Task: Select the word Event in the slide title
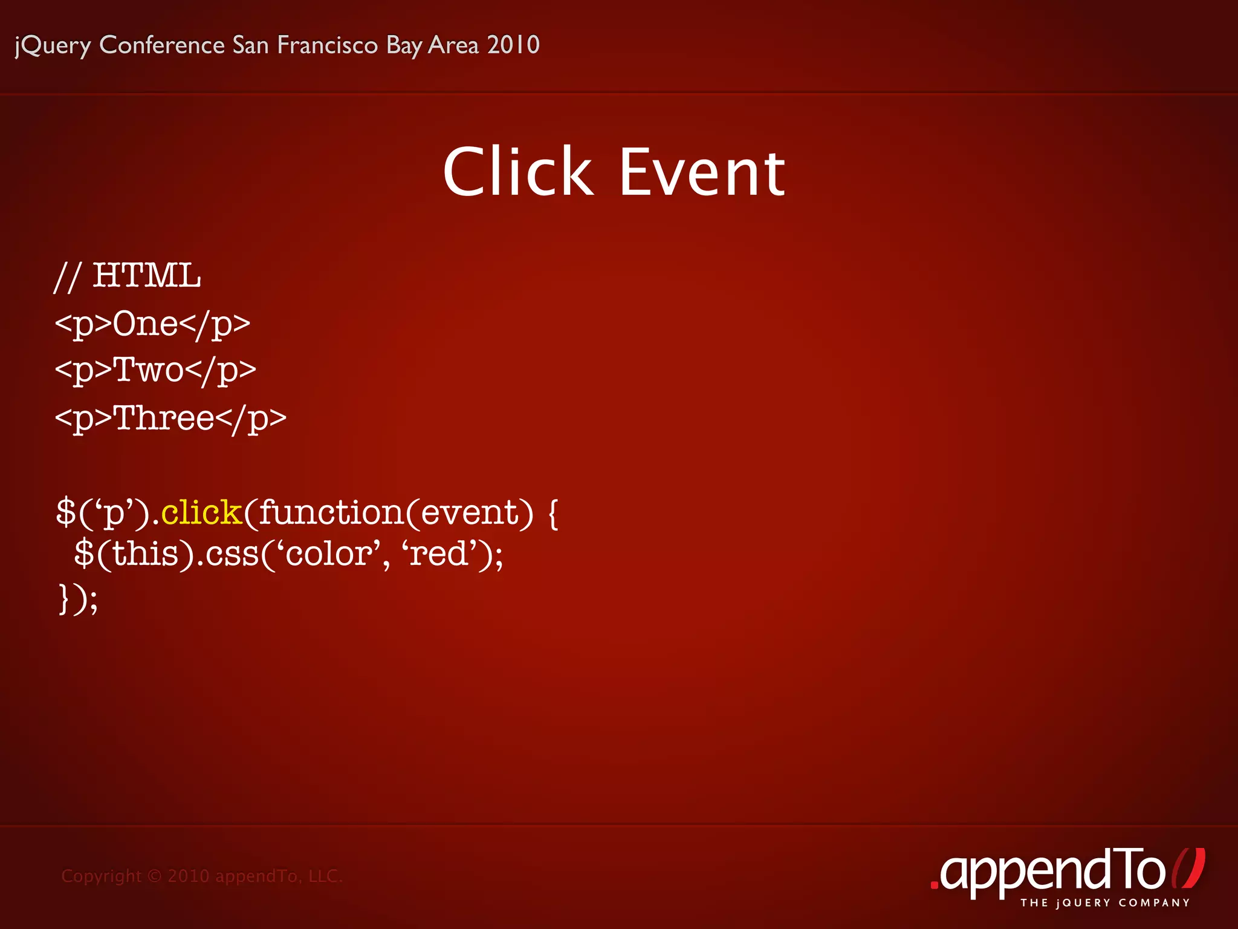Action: pos(702,173)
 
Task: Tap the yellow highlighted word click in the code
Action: pos(201,512)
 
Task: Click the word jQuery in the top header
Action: pos(53,45)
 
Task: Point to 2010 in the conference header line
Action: pos(513,45)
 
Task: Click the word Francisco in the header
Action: pos(327,45)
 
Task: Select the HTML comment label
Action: pos(146,276)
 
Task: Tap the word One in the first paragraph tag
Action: pos(145,323)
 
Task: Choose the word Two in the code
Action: pos(148,370)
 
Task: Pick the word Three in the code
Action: pos(164,417)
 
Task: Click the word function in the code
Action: pos(331,512)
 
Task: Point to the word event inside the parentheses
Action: pos(470,512)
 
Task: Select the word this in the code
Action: pos(145,553)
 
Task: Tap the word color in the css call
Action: pos(328,553)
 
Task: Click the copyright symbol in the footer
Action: pos(155,876)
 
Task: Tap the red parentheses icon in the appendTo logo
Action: pos(1188,869)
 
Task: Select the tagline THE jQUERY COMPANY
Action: pos(1105,903)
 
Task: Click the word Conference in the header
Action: pos(162,45)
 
